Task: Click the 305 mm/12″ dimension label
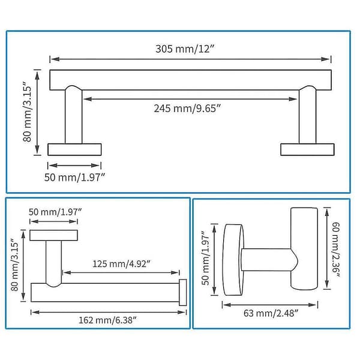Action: tap(185, 49)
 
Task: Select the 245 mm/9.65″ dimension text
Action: tap(187, 109)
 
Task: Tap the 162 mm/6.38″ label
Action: tap(107, 320)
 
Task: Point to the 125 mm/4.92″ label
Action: tap(121, 264)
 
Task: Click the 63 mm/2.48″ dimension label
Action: tap(271, 313)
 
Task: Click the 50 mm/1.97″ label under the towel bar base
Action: tap(74, 177)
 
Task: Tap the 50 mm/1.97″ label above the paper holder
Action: tap(55, 212)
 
